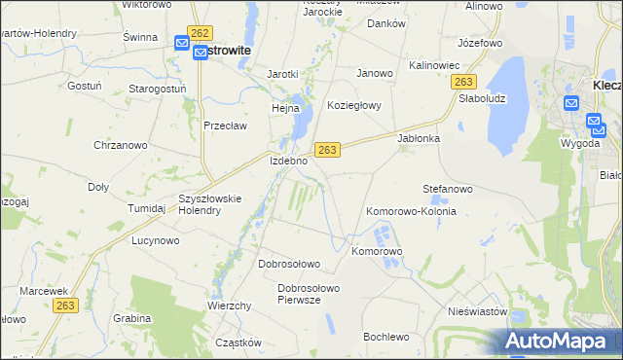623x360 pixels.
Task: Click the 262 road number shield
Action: [x=202, y=32]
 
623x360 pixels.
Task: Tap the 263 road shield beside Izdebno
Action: [x=327, y=149]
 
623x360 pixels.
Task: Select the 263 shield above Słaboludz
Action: [x=464, y=84]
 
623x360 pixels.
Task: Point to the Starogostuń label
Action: [x=157, y=89]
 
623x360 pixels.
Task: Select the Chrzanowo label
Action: [x=120, y=145]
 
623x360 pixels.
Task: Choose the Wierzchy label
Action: [x=230, y=306]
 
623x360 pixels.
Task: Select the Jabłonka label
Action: [x=420, y=138]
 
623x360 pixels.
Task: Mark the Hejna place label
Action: [x=285, y=109]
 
